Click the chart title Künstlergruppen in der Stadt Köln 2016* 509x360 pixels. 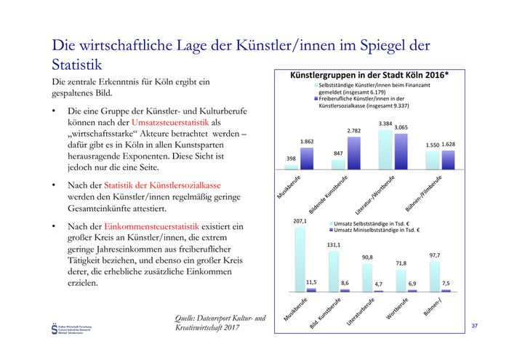click(369, 75)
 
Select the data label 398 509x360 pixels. click(291, 158)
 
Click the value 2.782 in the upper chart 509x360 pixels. click(353, 130)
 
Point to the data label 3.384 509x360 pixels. click(385, 124)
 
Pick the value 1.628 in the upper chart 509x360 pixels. click(449, 145)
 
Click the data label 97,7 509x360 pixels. click(435, 255)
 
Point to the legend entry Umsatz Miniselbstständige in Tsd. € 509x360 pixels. click(375, 230)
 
